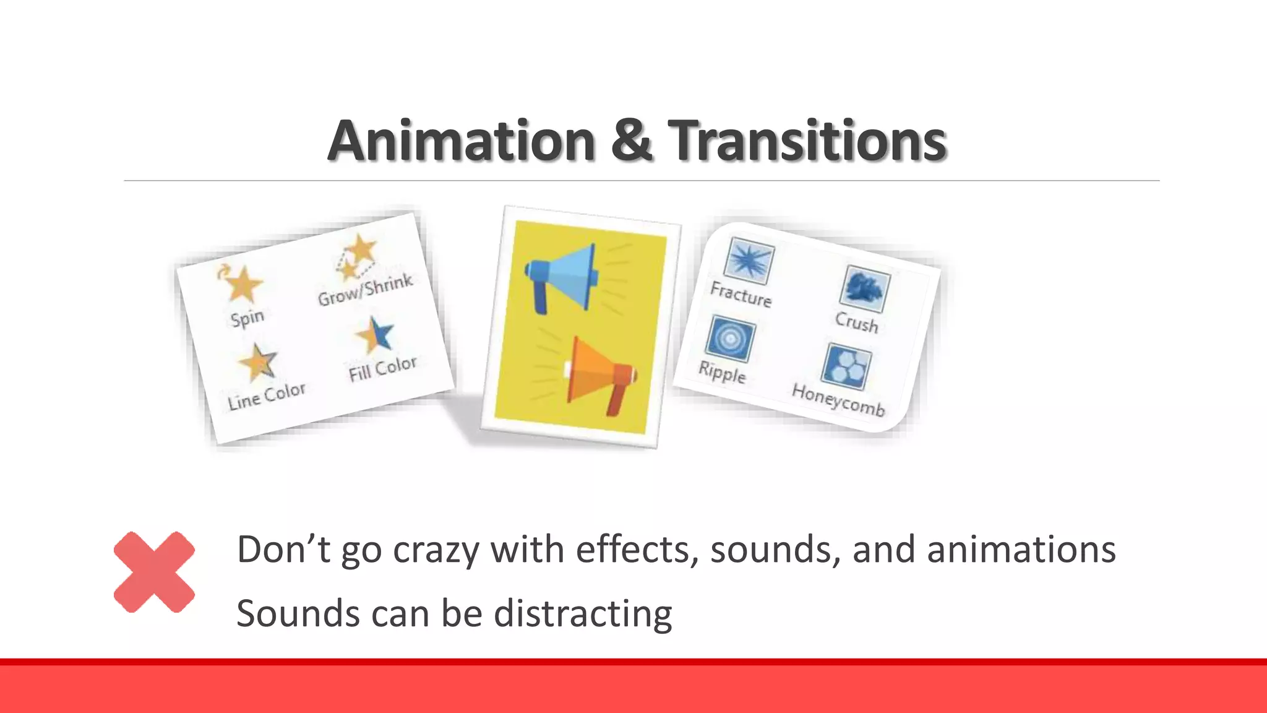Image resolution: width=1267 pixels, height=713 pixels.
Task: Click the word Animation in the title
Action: (x=461, y=140)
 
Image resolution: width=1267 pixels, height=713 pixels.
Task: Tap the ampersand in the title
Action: (x=632, y=140)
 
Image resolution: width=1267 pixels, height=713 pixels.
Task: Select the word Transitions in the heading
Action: (x=807, y=140)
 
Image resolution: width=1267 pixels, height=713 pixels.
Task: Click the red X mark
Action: (x=154, y=572)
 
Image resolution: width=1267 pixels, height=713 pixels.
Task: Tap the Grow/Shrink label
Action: (x=365, y=290)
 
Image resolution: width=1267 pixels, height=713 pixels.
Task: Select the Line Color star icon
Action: (x=257, y=362)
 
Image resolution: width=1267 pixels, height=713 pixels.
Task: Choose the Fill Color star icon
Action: (x=376, y=334)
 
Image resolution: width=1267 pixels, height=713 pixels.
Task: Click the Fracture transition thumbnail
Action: (x=749, y=260)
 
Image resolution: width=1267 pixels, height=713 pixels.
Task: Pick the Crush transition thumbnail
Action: (x=865, y=289)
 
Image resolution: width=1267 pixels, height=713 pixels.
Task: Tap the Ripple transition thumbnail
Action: (x=730, y=339)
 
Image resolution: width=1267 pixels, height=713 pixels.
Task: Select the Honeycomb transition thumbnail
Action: (x=846, y=366)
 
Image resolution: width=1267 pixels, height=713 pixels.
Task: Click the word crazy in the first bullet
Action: (x=436, y=550)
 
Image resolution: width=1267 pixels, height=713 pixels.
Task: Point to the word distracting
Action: (x=582, y=613)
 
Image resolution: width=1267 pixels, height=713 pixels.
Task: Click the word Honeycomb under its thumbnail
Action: (x=838, y=400)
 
